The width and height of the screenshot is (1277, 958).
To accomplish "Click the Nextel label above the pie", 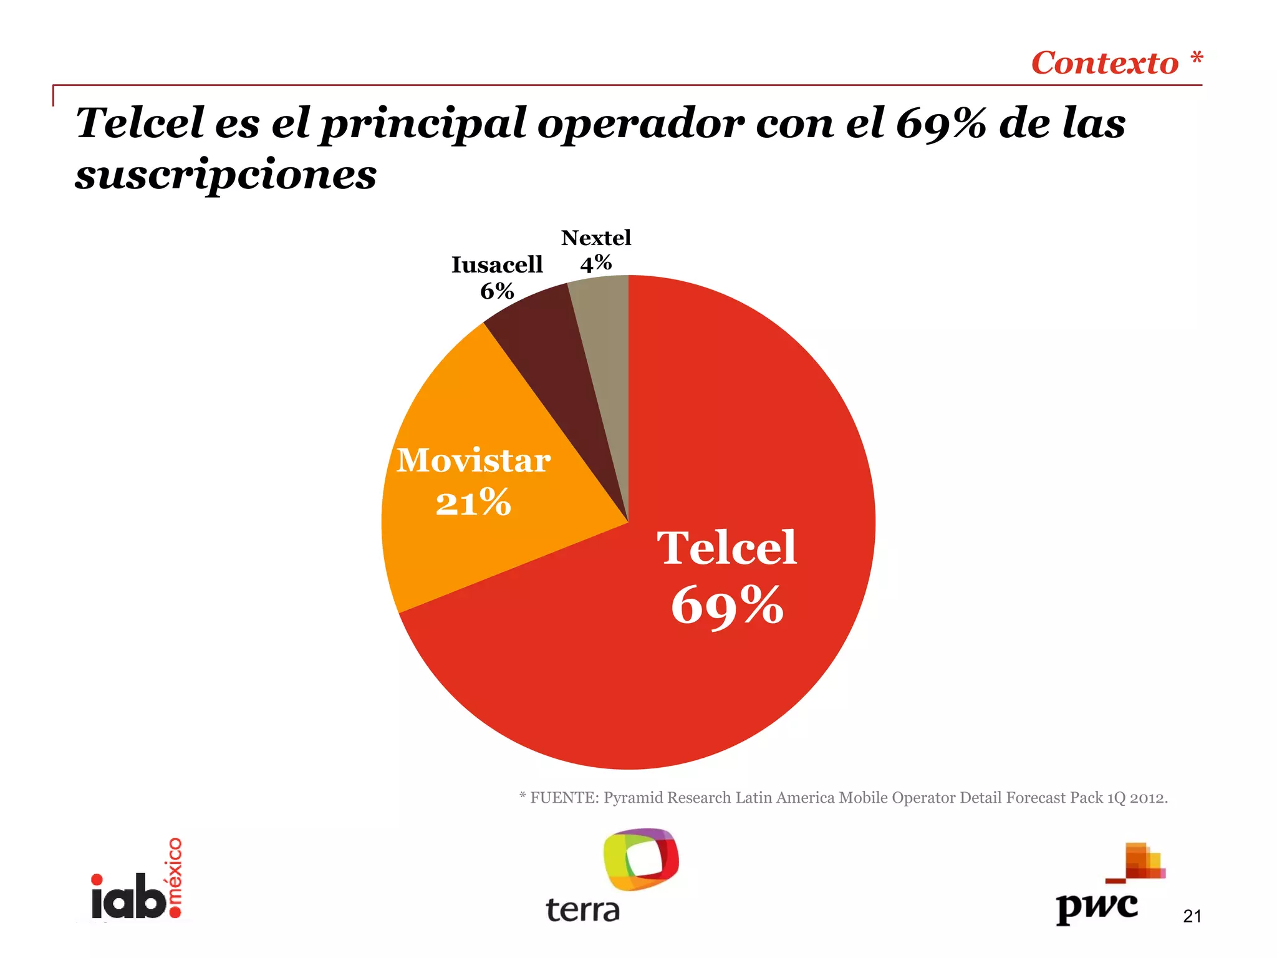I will click(595, 238).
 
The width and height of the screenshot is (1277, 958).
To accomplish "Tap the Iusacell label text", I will click(497, 265).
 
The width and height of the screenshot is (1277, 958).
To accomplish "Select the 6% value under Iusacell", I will click(497, 291).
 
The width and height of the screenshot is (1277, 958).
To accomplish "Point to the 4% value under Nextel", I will click(595, 263).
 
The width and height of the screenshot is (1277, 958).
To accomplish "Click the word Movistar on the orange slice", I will click(474, 461).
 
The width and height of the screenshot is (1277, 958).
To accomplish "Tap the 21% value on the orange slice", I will click(474, 503).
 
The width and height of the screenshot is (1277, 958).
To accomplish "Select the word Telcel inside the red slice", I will click(727, 548).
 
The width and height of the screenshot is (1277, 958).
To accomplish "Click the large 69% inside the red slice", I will click(727, 605).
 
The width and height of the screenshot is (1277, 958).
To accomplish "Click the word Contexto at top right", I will click(1104, 64).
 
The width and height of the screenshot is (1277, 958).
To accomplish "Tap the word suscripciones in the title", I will click(226, 175).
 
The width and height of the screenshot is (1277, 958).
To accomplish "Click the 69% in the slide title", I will click(941, 123).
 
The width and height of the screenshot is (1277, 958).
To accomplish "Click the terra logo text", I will click(583, 911).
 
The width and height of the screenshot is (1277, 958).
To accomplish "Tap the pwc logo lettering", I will click(1097, 907).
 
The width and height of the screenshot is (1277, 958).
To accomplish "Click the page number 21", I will click(1192, 916).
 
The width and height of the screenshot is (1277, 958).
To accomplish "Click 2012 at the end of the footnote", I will click(1148, 798).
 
